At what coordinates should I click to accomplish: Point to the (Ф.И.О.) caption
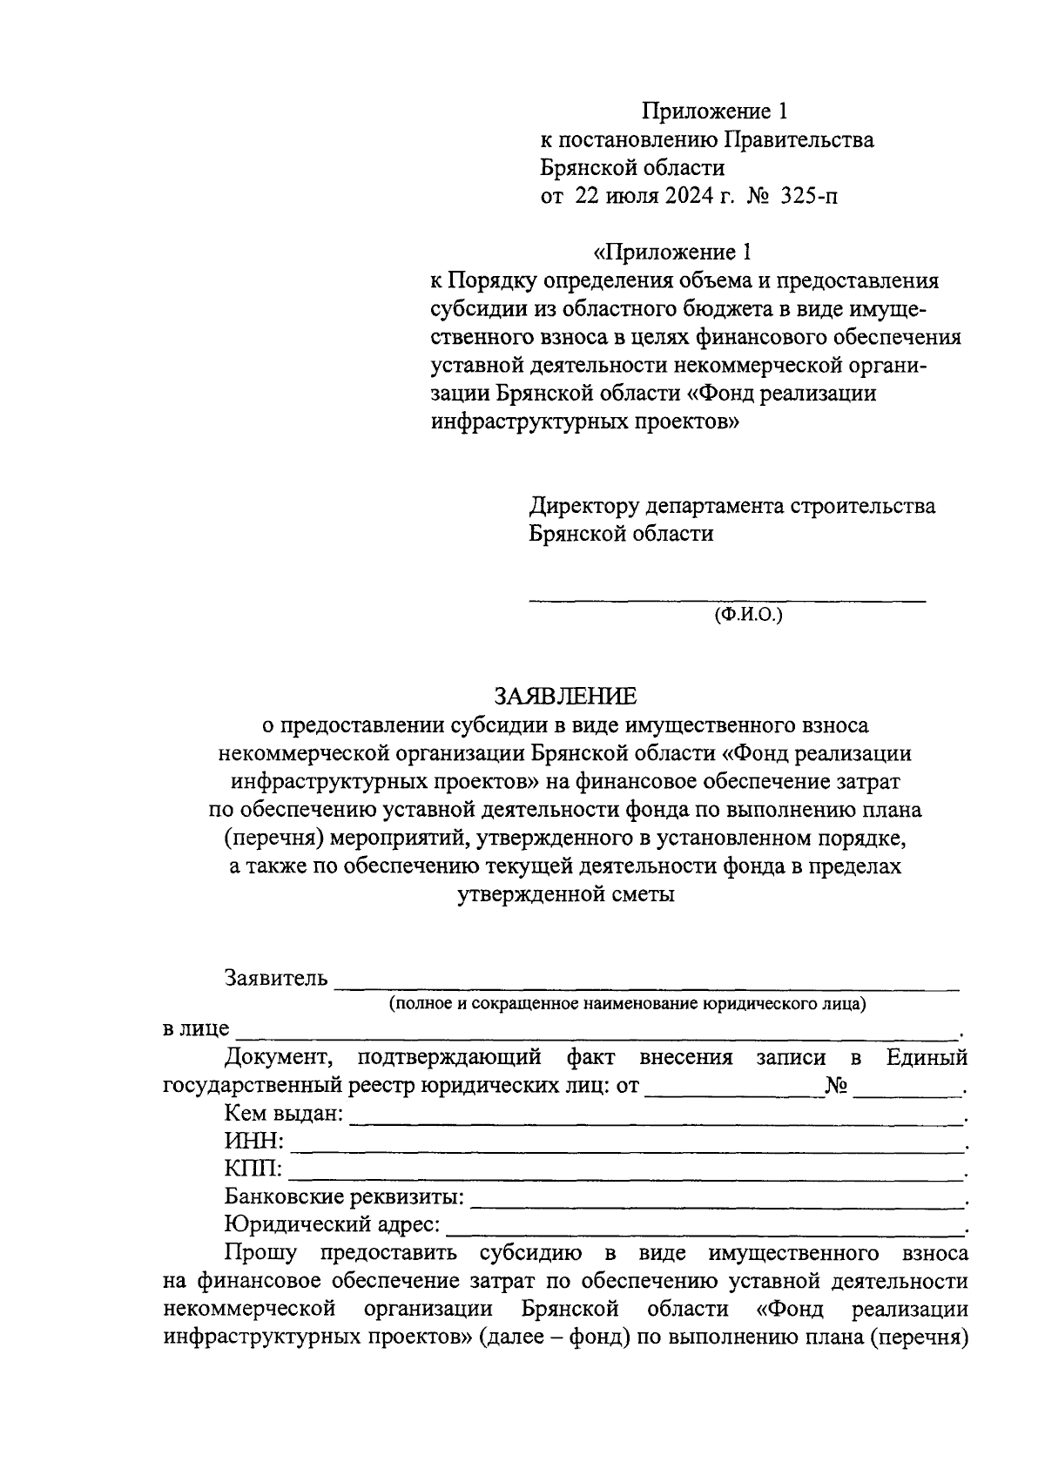749,615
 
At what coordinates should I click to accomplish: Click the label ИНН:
253,1142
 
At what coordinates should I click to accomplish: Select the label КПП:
253,1169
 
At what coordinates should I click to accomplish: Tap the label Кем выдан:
284,1114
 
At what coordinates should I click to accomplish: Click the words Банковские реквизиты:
344,1197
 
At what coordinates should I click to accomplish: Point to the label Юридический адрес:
332,1225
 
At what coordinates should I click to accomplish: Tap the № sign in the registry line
836,1086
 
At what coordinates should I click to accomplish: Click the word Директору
585,506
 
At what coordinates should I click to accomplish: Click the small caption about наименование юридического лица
627,1003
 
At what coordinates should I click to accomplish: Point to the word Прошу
260,1253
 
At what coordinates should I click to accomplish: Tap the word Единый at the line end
927,1058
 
